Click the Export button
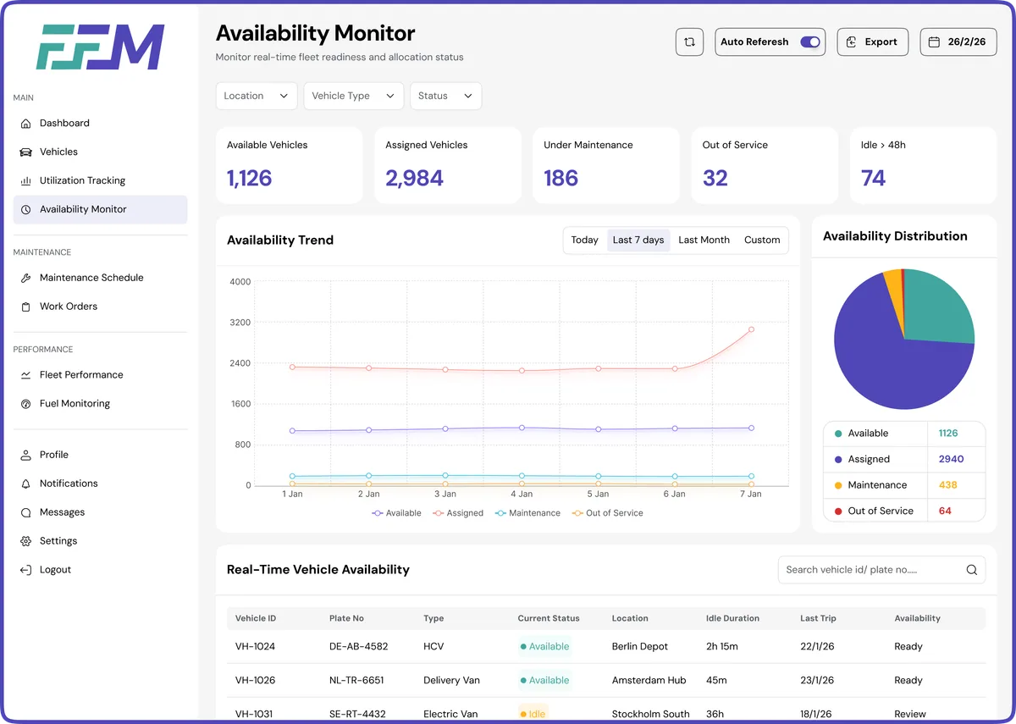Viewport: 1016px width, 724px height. pos(872,42)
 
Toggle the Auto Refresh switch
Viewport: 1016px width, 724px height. pos(809,42)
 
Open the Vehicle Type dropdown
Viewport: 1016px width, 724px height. pos(353,96)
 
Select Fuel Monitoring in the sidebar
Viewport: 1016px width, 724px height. pos(75,404)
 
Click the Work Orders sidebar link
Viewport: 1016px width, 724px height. pos(68,307)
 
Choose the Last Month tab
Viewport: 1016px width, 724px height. pos(704,240)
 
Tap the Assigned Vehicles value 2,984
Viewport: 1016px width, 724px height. pos(414,179)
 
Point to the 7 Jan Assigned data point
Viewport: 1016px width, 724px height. pos(751,329)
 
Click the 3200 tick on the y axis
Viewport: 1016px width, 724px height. pos(240,323)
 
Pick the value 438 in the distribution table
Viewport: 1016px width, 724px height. pos(947,485)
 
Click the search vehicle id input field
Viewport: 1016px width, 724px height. pos(872,570)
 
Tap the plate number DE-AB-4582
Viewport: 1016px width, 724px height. pos(358,647)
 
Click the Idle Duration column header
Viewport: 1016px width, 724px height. pos(732,619)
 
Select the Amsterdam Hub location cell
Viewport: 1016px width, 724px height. pos(649,681)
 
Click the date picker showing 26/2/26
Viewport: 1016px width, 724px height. pos(958,42)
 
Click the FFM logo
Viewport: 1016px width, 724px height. pos(100,47)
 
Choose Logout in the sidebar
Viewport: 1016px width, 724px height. pos(55,570)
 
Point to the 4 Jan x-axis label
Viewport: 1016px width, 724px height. pos(522,494)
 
